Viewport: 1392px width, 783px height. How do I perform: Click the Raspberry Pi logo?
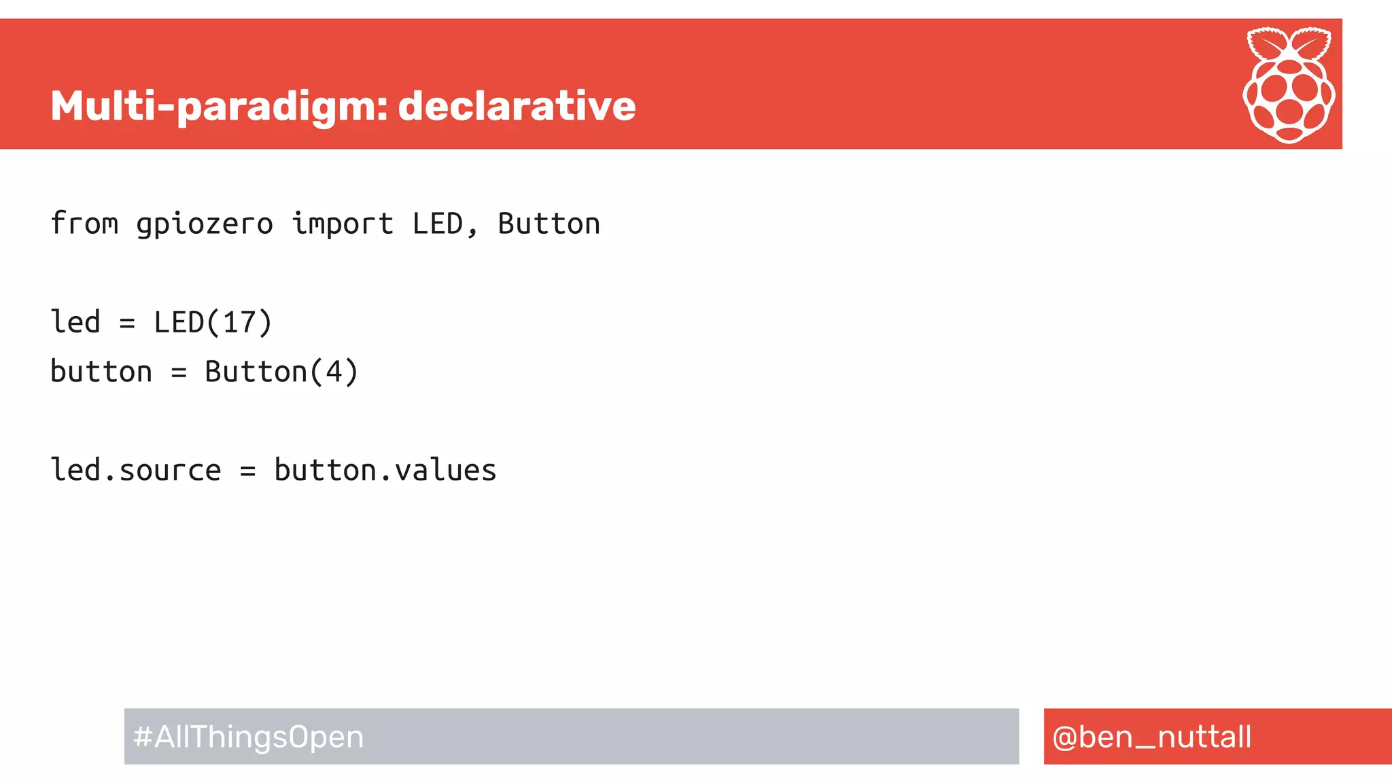(1289, 85)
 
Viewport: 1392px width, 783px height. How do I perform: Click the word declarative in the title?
(517, 107)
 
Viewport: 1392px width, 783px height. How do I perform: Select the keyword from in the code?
(84, 224)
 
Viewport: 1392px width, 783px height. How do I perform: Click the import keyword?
(343, 224)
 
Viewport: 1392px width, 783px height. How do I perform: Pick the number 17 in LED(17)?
(239, 322)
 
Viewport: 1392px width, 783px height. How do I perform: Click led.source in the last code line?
(136, 470)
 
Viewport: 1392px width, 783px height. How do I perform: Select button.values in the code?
(385, 470)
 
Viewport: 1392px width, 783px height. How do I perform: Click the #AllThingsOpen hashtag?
(249, 737)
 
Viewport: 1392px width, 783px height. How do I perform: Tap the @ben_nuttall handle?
(1151, 737)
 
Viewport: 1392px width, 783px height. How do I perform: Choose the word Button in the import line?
(549, 224)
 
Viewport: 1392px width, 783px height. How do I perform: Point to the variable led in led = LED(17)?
(75, 322)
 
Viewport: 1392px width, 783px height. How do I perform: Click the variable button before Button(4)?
(101, 372)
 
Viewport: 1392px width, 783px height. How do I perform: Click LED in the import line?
(437, 224)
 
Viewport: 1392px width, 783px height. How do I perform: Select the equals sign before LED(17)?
(127, 324)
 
